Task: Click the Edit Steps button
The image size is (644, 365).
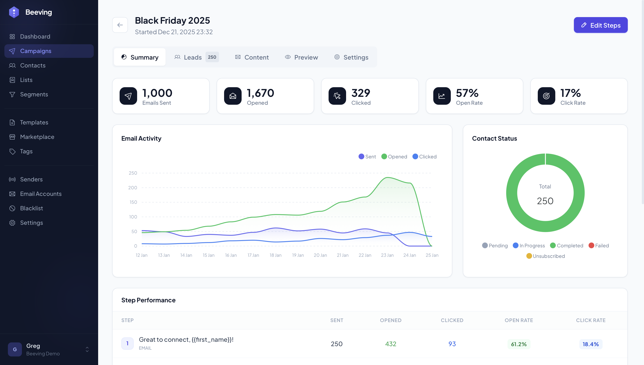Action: [x=600, y=25]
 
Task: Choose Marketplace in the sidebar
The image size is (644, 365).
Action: [x=37, y=137]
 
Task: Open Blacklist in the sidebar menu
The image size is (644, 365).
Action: [x=31, y=208]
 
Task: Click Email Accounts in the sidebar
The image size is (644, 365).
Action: [x=41, y=194]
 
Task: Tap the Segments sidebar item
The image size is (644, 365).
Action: [x=34, y=94]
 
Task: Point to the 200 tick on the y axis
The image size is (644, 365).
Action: [x=133, y=188]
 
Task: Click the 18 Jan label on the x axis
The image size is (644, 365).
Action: [x=275, y=255]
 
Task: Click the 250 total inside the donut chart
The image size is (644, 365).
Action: [x=545, y=201]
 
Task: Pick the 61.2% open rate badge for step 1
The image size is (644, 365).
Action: [x=518, y=344]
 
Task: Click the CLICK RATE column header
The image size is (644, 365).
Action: [x=590, y=320]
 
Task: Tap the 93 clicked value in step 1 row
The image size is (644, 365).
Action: [x=452, y=344]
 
